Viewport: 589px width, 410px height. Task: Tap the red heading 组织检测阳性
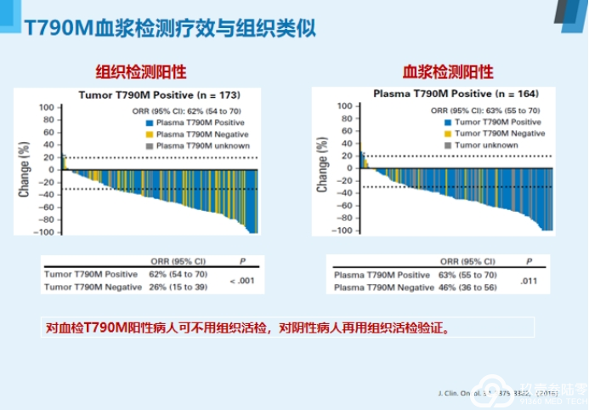point(141,71)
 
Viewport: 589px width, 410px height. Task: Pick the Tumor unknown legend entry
point(487,145)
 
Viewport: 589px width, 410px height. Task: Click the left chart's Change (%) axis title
point(25,169)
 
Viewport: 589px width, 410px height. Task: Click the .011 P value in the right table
point(529,280)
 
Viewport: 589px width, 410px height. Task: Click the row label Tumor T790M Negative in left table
point(93,287)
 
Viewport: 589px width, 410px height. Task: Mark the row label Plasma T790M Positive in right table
point(382,275)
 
